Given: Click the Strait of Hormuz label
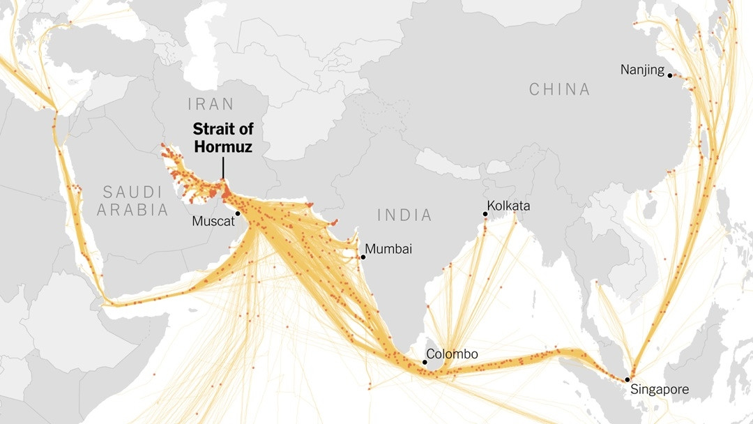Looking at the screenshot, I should coord(223,138).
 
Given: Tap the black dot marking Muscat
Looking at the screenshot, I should coord(238,213).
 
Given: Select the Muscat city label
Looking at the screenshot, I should coord(212,221).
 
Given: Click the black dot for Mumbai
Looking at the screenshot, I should coord(363,257).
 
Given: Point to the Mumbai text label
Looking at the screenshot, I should coord(389,249).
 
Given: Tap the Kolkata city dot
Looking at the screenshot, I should coord(485,213).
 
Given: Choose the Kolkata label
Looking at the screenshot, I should coord(509,206).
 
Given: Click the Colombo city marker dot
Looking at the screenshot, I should coord(425,362).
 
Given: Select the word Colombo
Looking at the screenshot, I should coord(452,354).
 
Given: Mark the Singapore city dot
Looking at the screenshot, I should coord(627,379).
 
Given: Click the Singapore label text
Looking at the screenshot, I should coord(660,390).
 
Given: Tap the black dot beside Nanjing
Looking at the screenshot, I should coord(670,75).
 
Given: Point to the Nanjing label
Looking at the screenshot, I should coord(643,70).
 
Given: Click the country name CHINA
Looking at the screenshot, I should coord(559,89).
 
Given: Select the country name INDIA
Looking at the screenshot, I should coord(405,215).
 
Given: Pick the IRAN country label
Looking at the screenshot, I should coord(211,105).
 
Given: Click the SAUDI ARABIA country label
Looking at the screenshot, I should coord(133,201).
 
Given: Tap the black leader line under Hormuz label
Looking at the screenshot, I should coord(223,168).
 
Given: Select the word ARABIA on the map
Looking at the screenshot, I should coord(133,210).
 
